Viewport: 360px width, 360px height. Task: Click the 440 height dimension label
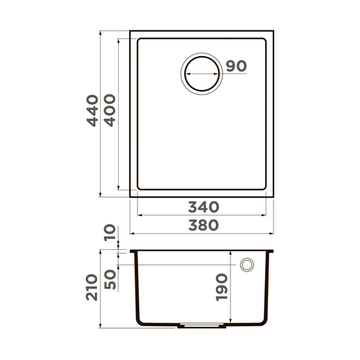tap(91, 112)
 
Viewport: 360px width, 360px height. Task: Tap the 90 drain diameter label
tap(236, 66)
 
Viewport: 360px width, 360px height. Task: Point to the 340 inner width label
tap(204, 207)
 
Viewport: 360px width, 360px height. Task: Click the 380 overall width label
tap(204, 225)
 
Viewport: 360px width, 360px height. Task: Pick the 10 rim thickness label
tap(109, 234)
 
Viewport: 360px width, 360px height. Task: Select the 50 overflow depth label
tap(109, 277)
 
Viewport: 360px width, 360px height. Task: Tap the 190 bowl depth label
tap(221, 286)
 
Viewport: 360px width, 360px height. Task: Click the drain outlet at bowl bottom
tap(192, 323)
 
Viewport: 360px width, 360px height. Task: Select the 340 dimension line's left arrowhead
tap(138, 214)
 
